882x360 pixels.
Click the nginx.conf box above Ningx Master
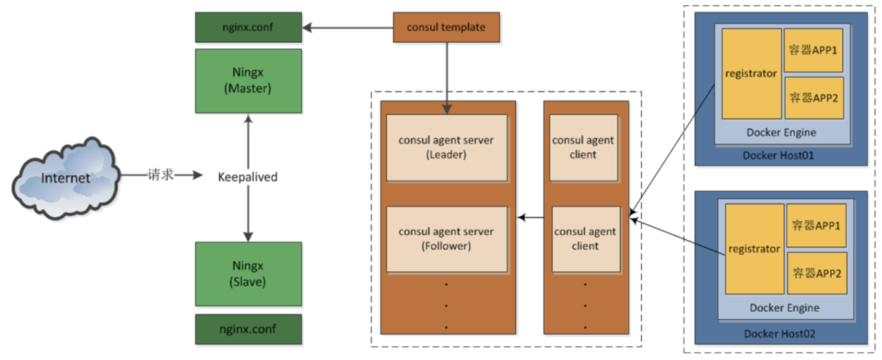[248, 28]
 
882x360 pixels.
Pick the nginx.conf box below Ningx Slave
[248, 329]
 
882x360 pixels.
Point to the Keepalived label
[248, 176]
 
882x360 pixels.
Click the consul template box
[446, 28]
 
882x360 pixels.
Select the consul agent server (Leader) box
[446, 147]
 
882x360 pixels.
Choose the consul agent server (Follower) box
[446, 238]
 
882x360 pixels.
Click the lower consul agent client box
[584, 238]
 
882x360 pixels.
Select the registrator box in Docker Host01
[751, 73]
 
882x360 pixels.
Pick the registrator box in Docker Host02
[753, 249]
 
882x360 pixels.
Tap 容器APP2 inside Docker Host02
[814, 273]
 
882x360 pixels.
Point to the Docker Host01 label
[780, 156]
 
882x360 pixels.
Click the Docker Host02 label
[780, 334]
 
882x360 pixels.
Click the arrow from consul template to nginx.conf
[347, 28]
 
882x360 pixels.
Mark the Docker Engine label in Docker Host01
[781, 132]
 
